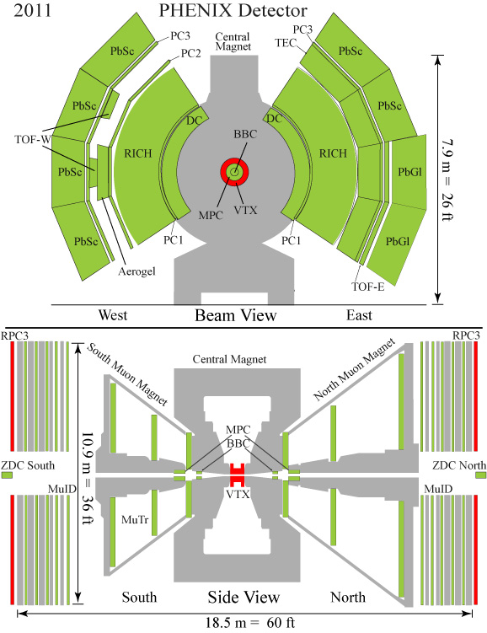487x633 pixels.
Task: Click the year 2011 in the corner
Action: (x=33, y=10)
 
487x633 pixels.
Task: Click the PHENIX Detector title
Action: (x=233, y=10)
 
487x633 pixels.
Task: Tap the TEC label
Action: (x=286, y=43)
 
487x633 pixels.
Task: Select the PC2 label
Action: (x=190, y=53)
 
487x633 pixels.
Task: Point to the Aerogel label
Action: (x=136, y=271)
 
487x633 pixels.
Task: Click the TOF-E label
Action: (x=368, y=287)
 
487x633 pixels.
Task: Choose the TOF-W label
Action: (x=33, y=140)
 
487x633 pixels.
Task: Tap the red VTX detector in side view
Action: (x=238, y=475)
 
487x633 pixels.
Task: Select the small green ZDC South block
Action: (x=7, y=475)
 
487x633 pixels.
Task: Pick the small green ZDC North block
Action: (x=480, y=475)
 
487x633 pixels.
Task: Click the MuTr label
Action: (x=135, y=519)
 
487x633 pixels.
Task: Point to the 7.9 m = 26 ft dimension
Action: (x=447, y=180)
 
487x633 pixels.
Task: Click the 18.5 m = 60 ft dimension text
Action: (x=250, y=623)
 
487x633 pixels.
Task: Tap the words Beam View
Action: (x=236, y=315)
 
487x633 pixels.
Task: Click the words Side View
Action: (x=243, y=597)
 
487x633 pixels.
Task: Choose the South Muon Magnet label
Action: (x=127, y=374)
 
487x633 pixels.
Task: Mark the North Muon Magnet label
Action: (x=354, y=370)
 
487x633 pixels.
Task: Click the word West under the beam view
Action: (x=113, y=315)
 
